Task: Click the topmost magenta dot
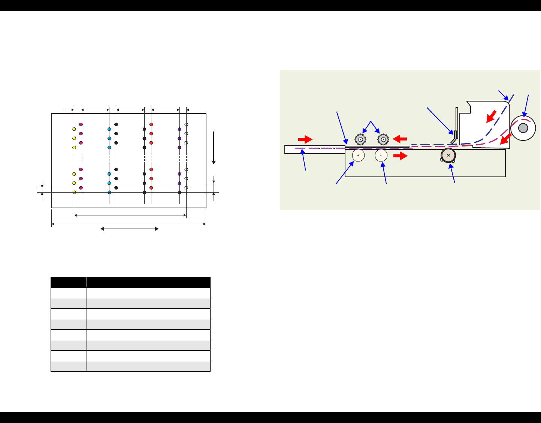81,124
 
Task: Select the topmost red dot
151,124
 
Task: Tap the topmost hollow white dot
186,124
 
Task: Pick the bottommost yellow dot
74,192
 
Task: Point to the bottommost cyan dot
109,192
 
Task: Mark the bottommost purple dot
179,192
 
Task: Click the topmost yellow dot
74,129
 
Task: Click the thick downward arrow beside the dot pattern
214,148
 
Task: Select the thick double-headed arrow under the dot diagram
130,229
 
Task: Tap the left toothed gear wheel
360,140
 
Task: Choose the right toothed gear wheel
383,140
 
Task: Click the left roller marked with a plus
359,155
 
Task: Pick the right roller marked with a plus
381,155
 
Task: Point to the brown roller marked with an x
448,155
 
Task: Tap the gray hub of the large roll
523,128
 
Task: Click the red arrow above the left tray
305,139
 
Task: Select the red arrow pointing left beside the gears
400,139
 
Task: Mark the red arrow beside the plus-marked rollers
400,156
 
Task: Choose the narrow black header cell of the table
69,282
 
